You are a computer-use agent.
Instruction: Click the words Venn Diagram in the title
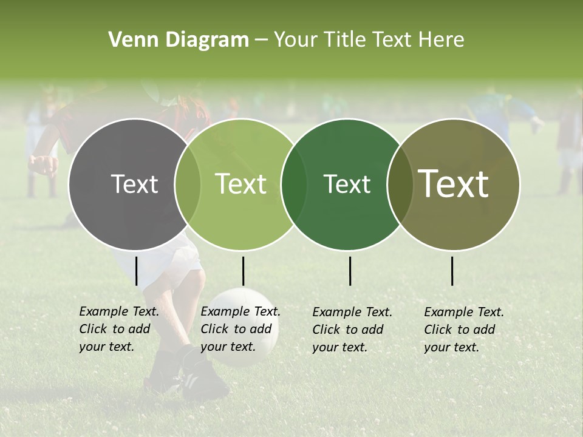click(x=179, y=40)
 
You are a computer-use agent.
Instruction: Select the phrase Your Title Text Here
click(x=369, y=40)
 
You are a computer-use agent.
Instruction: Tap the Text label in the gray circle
click(x=134, y=184)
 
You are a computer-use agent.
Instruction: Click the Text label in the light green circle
click(x=241, y=184)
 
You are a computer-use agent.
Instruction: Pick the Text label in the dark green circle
click(x=347, y=184)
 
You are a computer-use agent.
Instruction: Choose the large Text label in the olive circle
click(x=454, y=184)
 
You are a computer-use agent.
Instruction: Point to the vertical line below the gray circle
click(x=136, y=271)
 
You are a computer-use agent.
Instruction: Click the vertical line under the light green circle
click(x=243, y=271)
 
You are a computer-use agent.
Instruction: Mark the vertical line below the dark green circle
click(x=350, y=271)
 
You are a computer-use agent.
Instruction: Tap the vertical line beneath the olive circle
click(x=452, y=271)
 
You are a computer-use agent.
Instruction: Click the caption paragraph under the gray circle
click(x=119, y=329)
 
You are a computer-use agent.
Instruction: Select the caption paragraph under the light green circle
click(x=240, y=329)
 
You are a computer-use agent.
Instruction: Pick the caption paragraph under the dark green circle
click(x=352, y=330)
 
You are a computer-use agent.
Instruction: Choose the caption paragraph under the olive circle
click(x=464, y=330)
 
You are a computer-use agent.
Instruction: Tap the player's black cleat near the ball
click(x=203, y=379)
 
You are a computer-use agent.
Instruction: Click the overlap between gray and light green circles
click(x=188, y=184)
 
